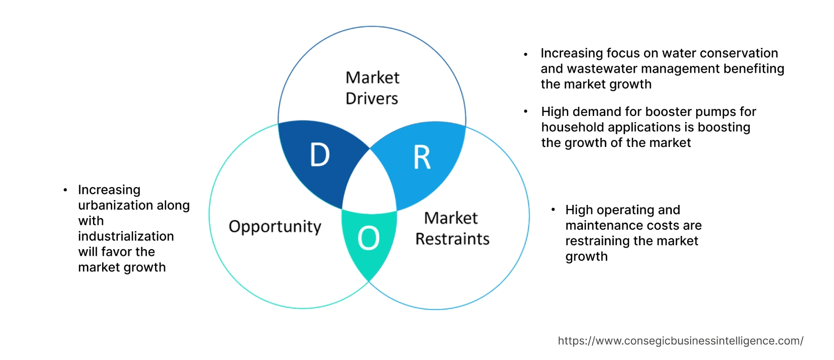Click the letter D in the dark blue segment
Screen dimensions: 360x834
point(320,155)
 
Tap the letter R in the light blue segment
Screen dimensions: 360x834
point(422,157)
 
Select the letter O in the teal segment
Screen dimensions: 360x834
point(368,238)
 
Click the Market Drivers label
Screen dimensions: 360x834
point(372,87)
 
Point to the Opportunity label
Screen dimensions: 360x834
point(275,226)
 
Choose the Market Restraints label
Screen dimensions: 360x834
point(452,228)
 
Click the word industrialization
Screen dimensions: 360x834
point(126,236)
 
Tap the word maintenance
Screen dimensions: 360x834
point(597,225)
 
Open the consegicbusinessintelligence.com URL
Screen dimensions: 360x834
point(681,341)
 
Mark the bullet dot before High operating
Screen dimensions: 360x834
point(553,209)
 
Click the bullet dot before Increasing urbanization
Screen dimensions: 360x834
point(65,190)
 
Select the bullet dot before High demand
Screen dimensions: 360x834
point(526,111)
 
